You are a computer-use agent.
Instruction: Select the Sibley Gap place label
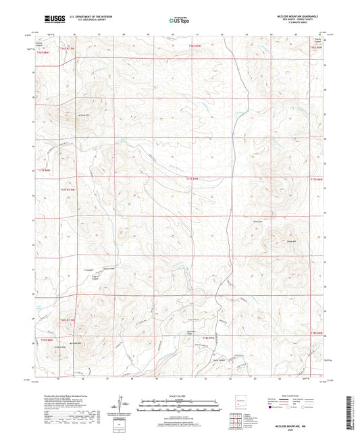tap(276, 221)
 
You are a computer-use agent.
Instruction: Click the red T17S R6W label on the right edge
tap(316, 179)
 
